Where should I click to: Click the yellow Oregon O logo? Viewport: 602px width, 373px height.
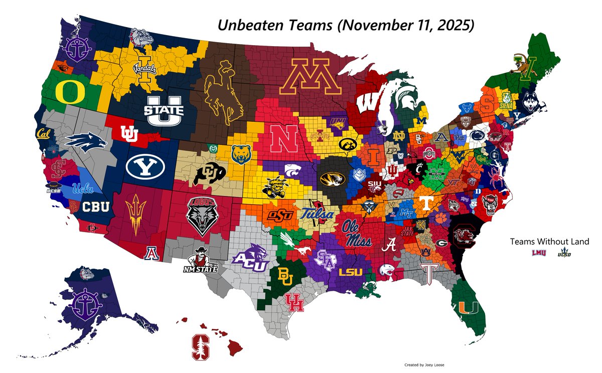tap(66, 91)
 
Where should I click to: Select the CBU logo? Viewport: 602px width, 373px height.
tap(95, 206)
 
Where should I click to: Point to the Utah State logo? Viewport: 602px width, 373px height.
tap(164, 110)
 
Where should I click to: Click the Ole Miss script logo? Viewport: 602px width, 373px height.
tap(357, 232)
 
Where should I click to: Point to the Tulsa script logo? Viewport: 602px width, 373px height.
tap(317, 214)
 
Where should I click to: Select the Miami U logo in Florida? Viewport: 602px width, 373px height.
tap(472, 307)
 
